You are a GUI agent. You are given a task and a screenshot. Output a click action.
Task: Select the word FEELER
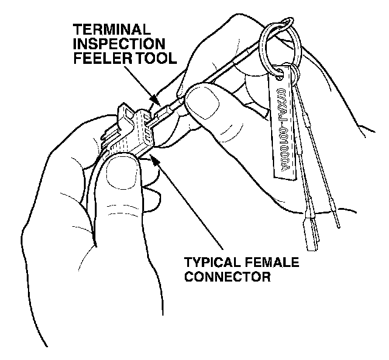click(x=94, y=58)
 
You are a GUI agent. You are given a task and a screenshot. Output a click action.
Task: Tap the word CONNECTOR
click(x=227, y=278)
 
